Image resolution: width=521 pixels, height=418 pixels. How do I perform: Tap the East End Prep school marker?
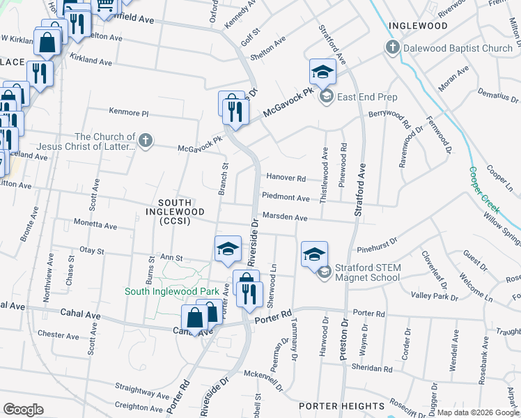click(323, 72)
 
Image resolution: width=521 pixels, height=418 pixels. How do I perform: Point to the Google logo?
click(23, 410)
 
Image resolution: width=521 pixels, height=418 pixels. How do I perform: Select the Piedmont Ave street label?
click(286, 199)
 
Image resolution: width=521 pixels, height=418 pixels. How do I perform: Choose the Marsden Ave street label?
click(284, 218)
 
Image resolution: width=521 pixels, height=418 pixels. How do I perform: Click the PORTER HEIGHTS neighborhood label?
click(342, 406)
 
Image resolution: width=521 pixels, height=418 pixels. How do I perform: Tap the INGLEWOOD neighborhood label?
click(418, 26)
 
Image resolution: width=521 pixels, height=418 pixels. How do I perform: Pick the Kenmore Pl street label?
click(129, 112)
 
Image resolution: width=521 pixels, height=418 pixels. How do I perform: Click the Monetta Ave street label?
click(96, 225)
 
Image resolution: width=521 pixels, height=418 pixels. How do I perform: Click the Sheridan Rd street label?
click(373, 369)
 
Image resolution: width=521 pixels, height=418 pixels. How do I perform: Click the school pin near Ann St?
click(227, 251)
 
